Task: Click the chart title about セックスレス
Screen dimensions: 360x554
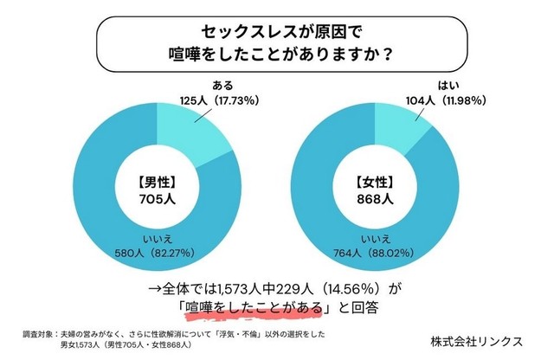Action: tap(277, 41)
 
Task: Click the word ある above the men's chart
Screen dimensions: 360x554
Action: tap(222, 86)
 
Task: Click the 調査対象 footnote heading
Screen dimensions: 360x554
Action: tap(38, 332)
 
